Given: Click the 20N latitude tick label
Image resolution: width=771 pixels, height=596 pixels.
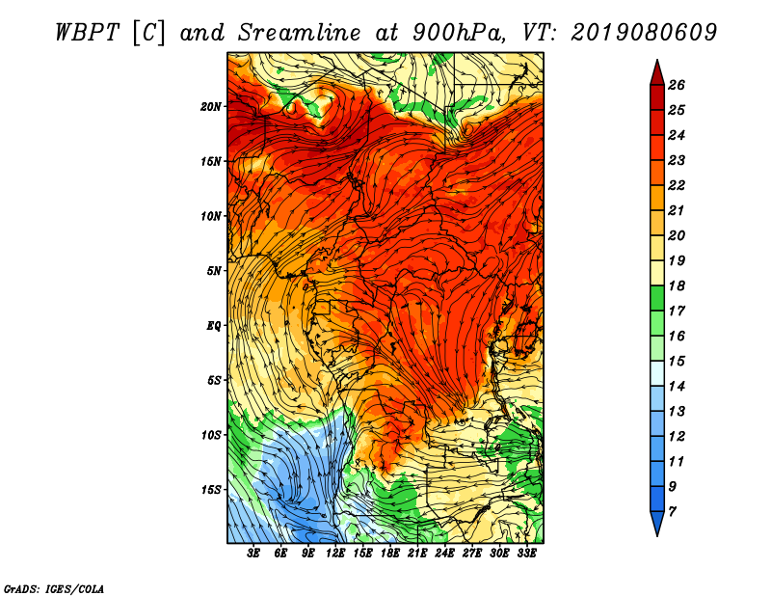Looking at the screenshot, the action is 211,106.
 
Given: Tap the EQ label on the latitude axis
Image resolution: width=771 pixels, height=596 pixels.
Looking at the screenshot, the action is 214,325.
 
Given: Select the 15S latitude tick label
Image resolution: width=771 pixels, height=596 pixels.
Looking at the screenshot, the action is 211,490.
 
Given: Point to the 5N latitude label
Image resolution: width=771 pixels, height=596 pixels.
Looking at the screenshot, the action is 214,271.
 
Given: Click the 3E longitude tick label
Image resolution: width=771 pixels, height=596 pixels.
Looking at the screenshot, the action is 253,554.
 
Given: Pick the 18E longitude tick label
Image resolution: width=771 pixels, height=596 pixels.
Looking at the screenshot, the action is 390,554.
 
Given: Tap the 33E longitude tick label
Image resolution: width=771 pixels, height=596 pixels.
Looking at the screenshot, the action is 526,554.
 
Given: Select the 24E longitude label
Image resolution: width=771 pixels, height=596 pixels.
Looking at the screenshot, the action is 444,554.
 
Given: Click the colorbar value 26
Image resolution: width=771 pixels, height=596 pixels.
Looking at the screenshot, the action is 677,85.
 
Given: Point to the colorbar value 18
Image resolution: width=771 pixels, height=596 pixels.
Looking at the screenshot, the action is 677,285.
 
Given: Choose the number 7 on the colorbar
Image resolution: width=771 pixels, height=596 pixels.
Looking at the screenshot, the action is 673,512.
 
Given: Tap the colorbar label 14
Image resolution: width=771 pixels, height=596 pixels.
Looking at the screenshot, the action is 677,387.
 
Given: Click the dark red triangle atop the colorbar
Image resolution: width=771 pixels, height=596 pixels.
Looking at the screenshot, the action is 657,74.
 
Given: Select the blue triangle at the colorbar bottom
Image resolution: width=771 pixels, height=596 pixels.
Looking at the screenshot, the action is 657,522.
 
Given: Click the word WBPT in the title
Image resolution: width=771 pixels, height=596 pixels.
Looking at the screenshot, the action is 87,33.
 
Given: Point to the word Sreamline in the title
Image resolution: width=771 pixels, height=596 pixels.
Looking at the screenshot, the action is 300,33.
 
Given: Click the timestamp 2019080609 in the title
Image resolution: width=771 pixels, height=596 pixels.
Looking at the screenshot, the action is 644,33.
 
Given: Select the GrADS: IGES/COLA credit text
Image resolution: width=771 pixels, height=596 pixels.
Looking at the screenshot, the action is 54,589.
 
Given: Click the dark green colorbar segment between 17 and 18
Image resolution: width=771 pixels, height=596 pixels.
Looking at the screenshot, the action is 657,298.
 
